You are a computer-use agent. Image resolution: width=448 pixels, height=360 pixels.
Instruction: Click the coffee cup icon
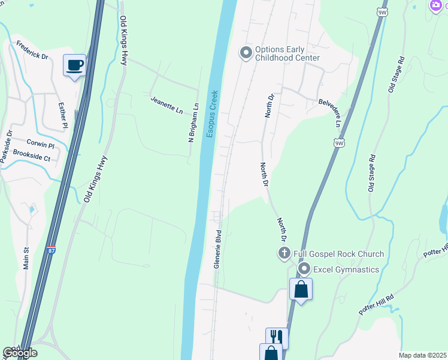click(x=74, y=65)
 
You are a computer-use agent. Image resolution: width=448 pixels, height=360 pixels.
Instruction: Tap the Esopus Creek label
click(x=212, y=113)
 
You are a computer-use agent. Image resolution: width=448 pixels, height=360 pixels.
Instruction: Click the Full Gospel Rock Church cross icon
click(x=284, y=253)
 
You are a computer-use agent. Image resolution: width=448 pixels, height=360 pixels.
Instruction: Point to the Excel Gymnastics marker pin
click(x=304, y=269)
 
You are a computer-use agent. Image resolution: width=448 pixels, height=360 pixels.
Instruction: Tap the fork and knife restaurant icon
click(x=276, y=337)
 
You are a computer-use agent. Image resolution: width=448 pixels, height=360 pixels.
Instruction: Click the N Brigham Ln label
click(x=193, y=122)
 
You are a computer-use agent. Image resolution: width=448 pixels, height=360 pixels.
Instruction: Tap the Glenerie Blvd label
click(x=219, y=248)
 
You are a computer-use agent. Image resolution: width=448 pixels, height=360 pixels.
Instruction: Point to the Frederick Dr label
click(x=32, y=50)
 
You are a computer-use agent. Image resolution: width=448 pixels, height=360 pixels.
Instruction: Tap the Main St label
click(x=26, y=259)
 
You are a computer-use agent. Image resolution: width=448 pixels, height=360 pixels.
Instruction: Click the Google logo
click(x=20, y=353)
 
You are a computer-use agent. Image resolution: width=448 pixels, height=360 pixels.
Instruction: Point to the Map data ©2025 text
click(x=422, y=355)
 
